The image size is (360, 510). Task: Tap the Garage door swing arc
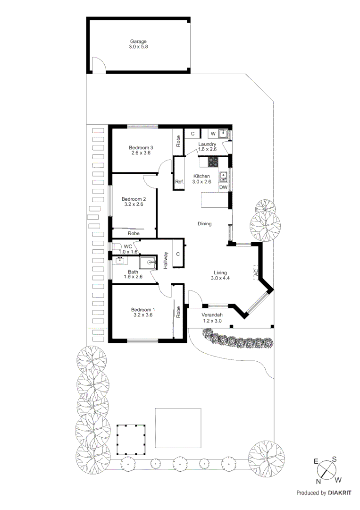[99, 65]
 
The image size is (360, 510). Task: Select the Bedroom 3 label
[141, 148]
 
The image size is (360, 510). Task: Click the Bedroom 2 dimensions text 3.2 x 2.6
[133, 204]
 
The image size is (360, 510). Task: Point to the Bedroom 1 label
[142, 310]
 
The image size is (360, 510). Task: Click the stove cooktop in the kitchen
[213, 162]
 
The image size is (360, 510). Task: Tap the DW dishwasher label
[223, 187]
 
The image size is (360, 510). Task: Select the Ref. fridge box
[179, 182]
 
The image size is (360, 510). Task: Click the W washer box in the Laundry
[213, 134]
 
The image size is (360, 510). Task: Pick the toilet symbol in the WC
[116, 246]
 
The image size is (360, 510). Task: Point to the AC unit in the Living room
[256, 273]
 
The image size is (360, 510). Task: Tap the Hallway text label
[166, 260]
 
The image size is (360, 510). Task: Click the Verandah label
[211, 315]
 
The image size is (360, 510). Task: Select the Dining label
[204, 224]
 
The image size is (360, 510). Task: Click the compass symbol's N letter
[318, 482]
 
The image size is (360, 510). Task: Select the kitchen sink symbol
[223, 177]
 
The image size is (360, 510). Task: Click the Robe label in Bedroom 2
[134, 233]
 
